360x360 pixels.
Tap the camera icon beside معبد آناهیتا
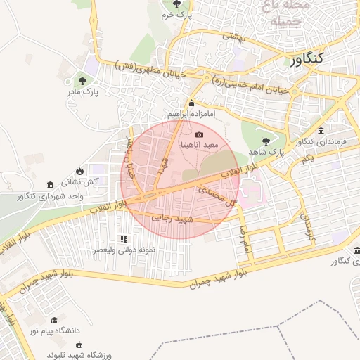point(199,134)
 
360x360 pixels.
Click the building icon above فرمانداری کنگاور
point(321,131)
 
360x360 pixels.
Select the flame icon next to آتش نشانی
point(79,170)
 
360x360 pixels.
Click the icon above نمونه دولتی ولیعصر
point(124,239)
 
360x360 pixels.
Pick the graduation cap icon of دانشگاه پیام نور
point(54,320)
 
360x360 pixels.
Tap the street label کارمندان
point(308,226)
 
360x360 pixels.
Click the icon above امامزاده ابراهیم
point(191,103)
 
